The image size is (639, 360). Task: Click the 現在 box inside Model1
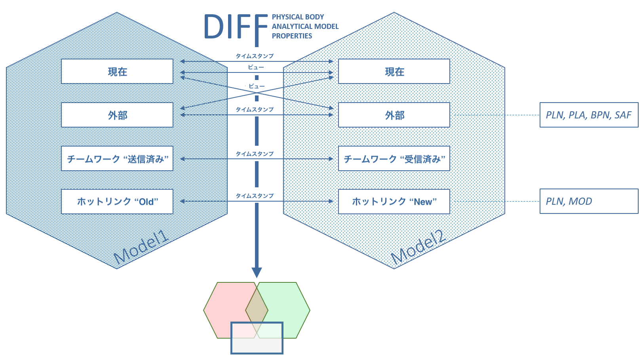[117, 71]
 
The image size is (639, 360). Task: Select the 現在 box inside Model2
[394, 71]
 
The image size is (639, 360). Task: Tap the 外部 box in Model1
[117, 115]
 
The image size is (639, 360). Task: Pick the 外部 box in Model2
[394, 115]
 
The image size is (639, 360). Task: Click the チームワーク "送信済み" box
[117, 158]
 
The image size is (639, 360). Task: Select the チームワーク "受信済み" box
[394, 158]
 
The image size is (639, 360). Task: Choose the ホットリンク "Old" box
[117, 202]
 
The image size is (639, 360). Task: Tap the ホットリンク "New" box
[394, 202]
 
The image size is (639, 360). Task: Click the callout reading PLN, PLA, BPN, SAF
[589, 115]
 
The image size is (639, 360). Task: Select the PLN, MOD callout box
[589, 201]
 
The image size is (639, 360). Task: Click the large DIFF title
[236, 27]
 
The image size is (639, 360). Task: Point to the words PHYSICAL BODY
[298, 17]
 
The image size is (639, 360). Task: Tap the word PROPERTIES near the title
[292, 36]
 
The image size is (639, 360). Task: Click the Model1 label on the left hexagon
[141, 248]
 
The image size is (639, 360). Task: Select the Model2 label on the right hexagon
[418, 248]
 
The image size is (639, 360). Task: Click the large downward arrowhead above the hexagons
[257, 272]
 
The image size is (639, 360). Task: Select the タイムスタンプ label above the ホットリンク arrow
[255, 196]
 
